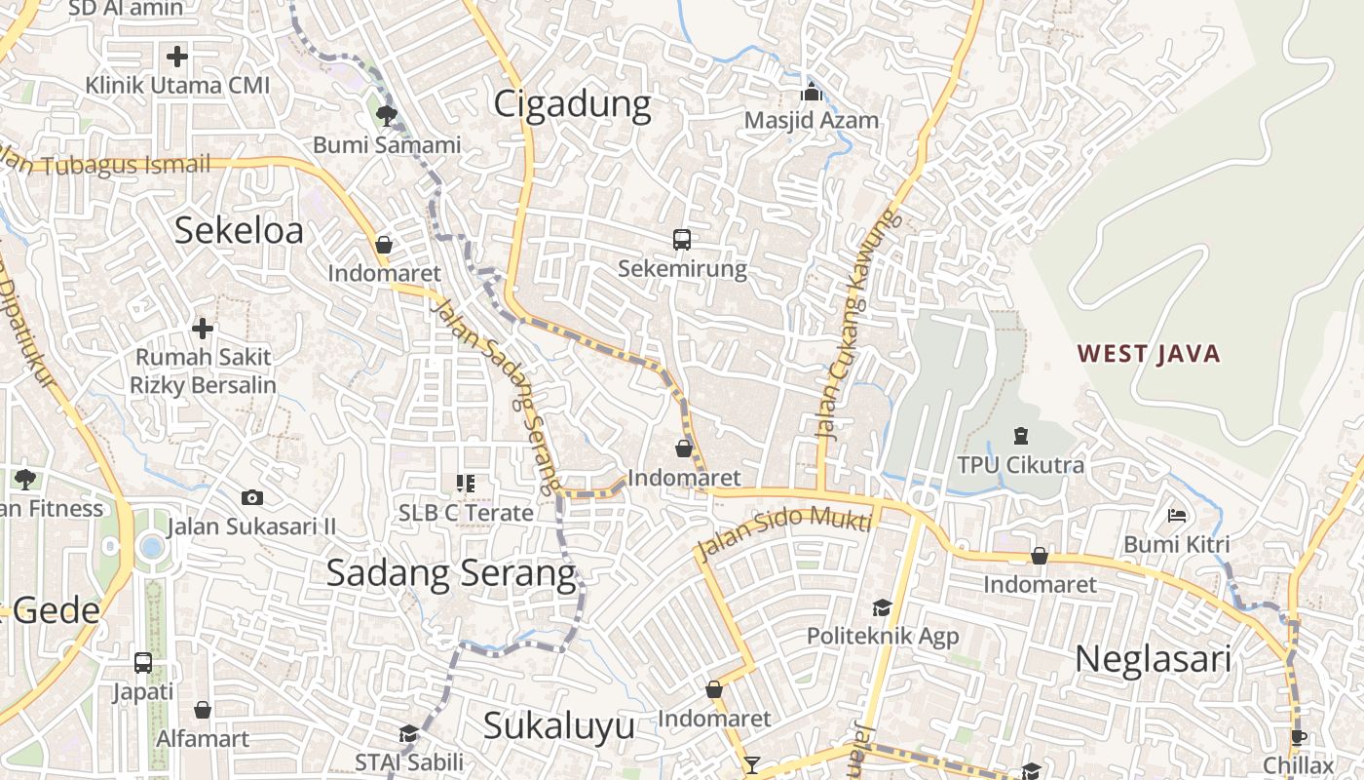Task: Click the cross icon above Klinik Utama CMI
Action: [176, 57]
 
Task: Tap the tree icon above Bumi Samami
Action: [387, 117]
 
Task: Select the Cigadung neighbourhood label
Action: [572, 104]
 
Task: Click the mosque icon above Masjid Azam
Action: [811, 93]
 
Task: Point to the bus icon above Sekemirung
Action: [682, 240]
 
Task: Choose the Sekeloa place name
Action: [239, 230]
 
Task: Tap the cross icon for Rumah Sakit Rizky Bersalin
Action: [203, 329]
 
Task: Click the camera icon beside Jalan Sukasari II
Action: [252, 498]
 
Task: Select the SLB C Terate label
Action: [466, 513]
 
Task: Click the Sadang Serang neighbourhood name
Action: [451, 572]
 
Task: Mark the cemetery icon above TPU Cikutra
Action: [1020, 436]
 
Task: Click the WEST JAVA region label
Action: [1149, 353]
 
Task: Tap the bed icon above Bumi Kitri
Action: [1177, 515]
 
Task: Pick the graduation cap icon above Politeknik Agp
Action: [882, 607]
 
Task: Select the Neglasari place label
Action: [1153, 659]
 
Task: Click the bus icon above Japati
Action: [143, 663]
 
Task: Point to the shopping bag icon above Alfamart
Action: [203, 710]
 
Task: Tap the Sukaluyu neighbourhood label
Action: [559, 725]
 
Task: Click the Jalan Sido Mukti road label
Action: [783, 532]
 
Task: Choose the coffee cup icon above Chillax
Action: [1298, 737]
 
